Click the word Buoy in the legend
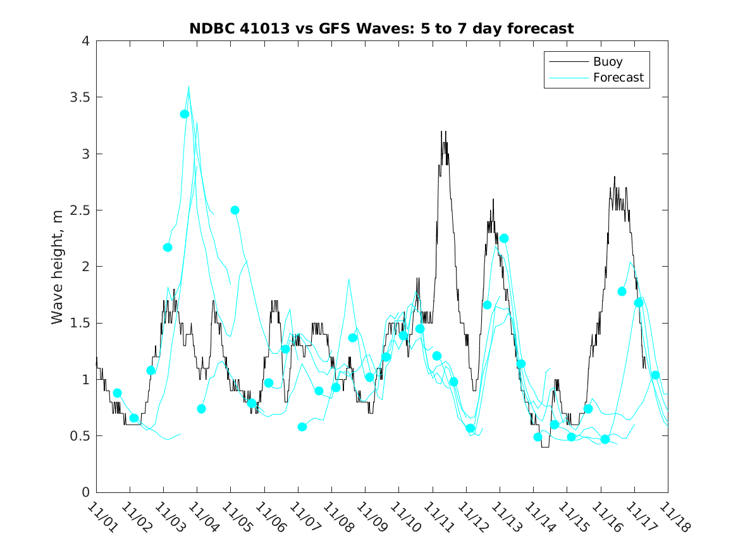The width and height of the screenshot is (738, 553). pyautogui.click(x=608, y=62)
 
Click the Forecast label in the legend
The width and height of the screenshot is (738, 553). pyautogui.click(x=618, y=78)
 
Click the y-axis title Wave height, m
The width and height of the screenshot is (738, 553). pyautogui.click(x=58, y=266)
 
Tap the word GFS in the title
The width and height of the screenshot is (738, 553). pyautogui.click(x=332, y=28)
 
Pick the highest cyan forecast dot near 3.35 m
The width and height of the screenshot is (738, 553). pyautogui.click(x=185, y=114)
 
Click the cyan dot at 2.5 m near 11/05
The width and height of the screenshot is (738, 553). pyautogui.click(x=235, y=210)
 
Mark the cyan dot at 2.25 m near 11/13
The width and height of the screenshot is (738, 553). pyautogui.click(x=504, y=238)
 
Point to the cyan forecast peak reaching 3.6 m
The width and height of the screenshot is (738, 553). pyautogui.click(x=188, y=87)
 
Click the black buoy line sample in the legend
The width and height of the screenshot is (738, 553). pyautogui.click(x=567, y=62)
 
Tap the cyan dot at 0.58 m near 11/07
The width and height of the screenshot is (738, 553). pyautogui.click(x=302, y=427)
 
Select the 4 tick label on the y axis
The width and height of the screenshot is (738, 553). pyautogui.click(x=85, y=41)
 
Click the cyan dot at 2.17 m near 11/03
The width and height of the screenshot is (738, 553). pyautogui.click(x=168, y=247)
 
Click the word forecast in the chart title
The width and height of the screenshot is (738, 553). pyautogui.click(x=537, y=28)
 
